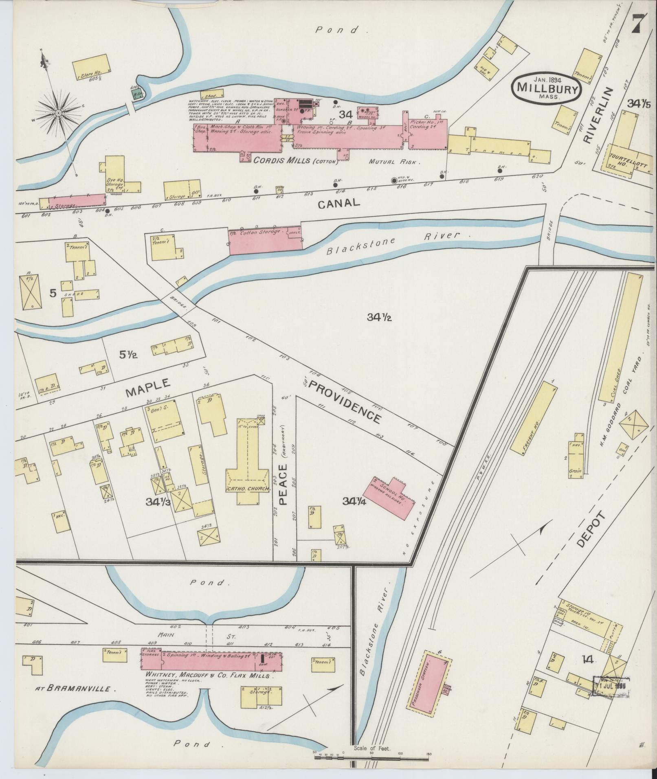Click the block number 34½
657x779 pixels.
click(379, 318)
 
